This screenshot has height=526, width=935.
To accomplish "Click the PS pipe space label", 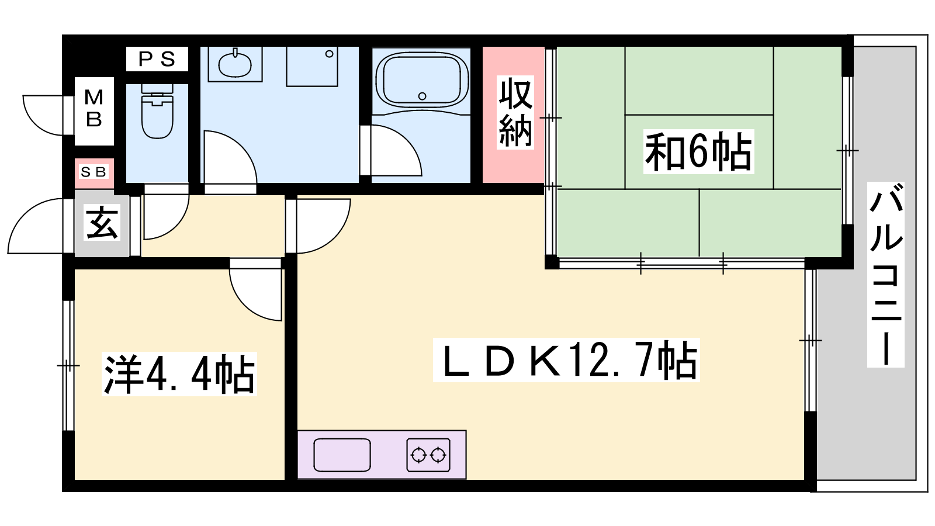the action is tap(157, 59).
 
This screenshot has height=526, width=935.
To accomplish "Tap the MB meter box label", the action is tap(94, 109).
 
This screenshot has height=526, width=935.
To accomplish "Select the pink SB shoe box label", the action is tap(93, 172).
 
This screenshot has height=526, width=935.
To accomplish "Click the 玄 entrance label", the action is tap(102, 223).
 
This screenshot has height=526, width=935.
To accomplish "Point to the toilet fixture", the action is tap(157, 112).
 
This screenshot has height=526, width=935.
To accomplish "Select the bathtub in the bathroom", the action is tap(422, 79).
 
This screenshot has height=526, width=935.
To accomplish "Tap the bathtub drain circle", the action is tap(422, 96).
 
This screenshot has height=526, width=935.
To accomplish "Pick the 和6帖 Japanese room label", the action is tap(698, 151).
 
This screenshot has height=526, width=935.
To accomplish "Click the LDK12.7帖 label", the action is tap(566, 360).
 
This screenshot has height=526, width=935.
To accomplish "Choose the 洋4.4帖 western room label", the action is tap(179, 374).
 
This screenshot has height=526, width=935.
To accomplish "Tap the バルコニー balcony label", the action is tap(886, 275).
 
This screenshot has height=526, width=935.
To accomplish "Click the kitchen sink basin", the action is tap(342, 455).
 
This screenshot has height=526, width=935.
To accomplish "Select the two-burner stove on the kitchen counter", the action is tap(428, 455).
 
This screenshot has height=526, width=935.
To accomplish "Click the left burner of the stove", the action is tap(418, 455).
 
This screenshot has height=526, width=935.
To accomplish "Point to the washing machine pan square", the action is tap(312, 67).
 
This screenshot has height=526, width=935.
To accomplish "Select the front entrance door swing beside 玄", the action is tap(36, 226).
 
